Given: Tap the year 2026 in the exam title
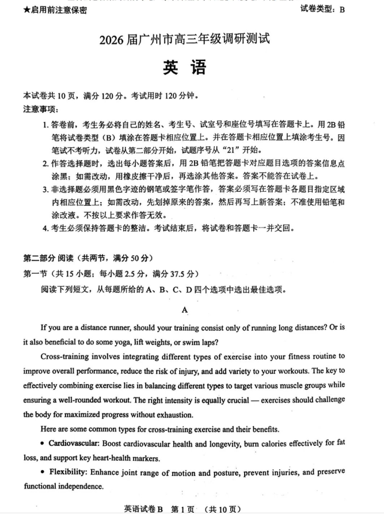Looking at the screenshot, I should point(113,40).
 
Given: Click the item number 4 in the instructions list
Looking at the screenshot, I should point(45,228).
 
